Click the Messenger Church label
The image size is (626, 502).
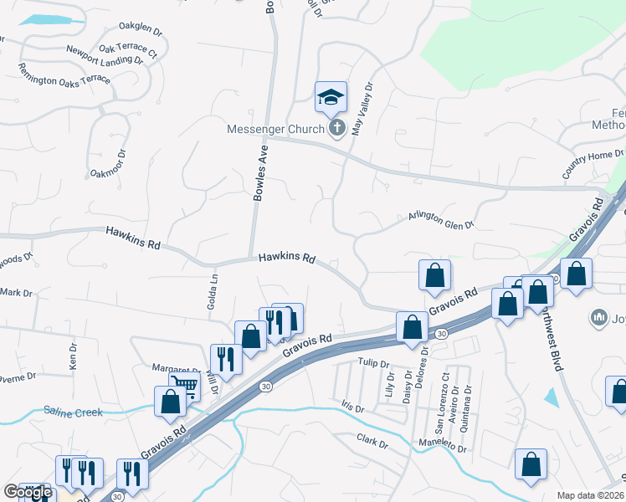pos(275,129)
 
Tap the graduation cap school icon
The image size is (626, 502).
pos(331,98)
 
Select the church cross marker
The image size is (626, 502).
pos(336,128)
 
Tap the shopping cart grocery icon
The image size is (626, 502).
pos(185,387)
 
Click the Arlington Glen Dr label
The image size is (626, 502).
pos(440,218)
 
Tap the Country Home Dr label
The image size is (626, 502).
pos(593,162)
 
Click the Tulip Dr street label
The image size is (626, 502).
pos(373,364)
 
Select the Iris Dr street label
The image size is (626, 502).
pos(353,407)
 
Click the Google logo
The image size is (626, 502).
pos(28,492)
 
